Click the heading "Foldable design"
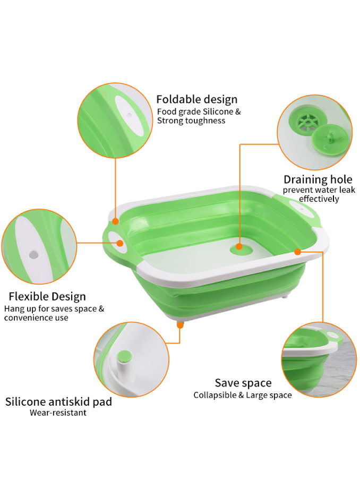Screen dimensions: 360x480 click(x=197, y=99)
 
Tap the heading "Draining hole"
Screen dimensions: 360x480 click(x=318, y=179)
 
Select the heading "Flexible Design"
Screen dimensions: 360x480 click(x=47, y=297)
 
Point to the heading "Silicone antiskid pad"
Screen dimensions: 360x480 click(x=58, y=401)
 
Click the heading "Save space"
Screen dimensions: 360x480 click(x=243, y=383)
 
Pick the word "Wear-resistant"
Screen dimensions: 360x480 click(x=58, y=413)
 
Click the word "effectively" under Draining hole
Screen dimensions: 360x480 click(x=319, y=199)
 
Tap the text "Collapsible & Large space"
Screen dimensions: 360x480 click(x=243, y=395)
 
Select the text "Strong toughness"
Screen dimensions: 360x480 click(x=191, y=121)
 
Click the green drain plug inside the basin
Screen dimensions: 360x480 click(x=241, y=249)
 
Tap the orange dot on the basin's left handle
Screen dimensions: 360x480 click(x=120, y=243)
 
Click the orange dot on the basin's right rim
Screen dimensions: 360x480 click(x=297, y=252)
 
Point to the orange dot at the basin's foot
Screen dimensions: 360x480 click(x=181, y=325)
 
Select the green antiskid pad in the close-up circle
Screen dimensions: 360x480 click(x=125, y=356)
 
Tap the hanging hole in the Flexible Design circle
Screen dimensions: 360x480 click(x=33, y=254)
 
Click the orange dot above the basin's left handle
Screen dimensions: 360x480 click(x=115, y=221)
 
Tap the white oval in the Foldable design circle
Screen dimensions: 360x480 click(x=129, y=117)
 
